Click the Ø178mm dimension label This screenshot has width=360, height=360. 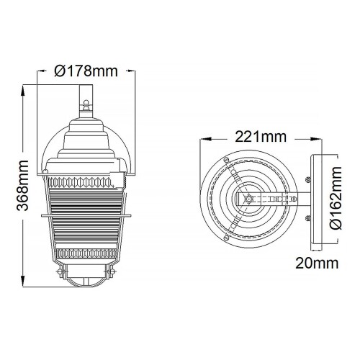85,71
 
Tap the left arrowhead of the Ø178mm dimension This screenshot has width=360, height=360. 40,71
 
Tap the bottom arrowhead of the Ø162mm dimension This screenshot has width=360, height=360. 337,240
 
